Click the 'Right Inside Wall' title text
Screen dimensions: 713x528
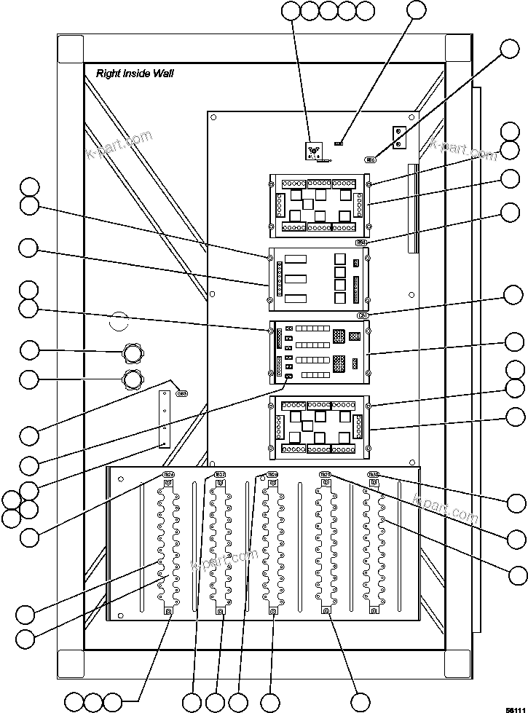coord(135,74)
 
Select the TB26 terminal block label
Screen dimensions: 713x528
coord(168,474)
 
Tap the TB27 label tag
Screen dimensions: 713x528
coord(220,475)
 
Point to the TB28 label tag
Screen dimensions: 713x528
coord(272,475)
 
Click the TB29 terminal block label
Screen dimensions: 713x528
coord(326,475)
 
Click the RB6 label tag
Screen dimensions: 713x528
coord(371,159)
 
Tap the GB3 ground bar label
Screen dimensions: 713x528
coord(182,393)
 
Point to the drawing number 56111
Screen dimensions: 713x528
coord(514,706)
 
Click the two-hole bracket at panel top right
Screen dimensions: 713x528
coord(399,137)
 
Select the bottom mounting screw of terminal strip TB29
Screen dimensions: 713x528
coord(326,611)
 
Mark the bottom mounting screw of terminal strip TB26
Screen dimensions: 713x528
coord(168,611)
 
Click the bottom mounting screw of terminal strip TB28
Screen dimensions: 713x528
coord(272,611)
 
